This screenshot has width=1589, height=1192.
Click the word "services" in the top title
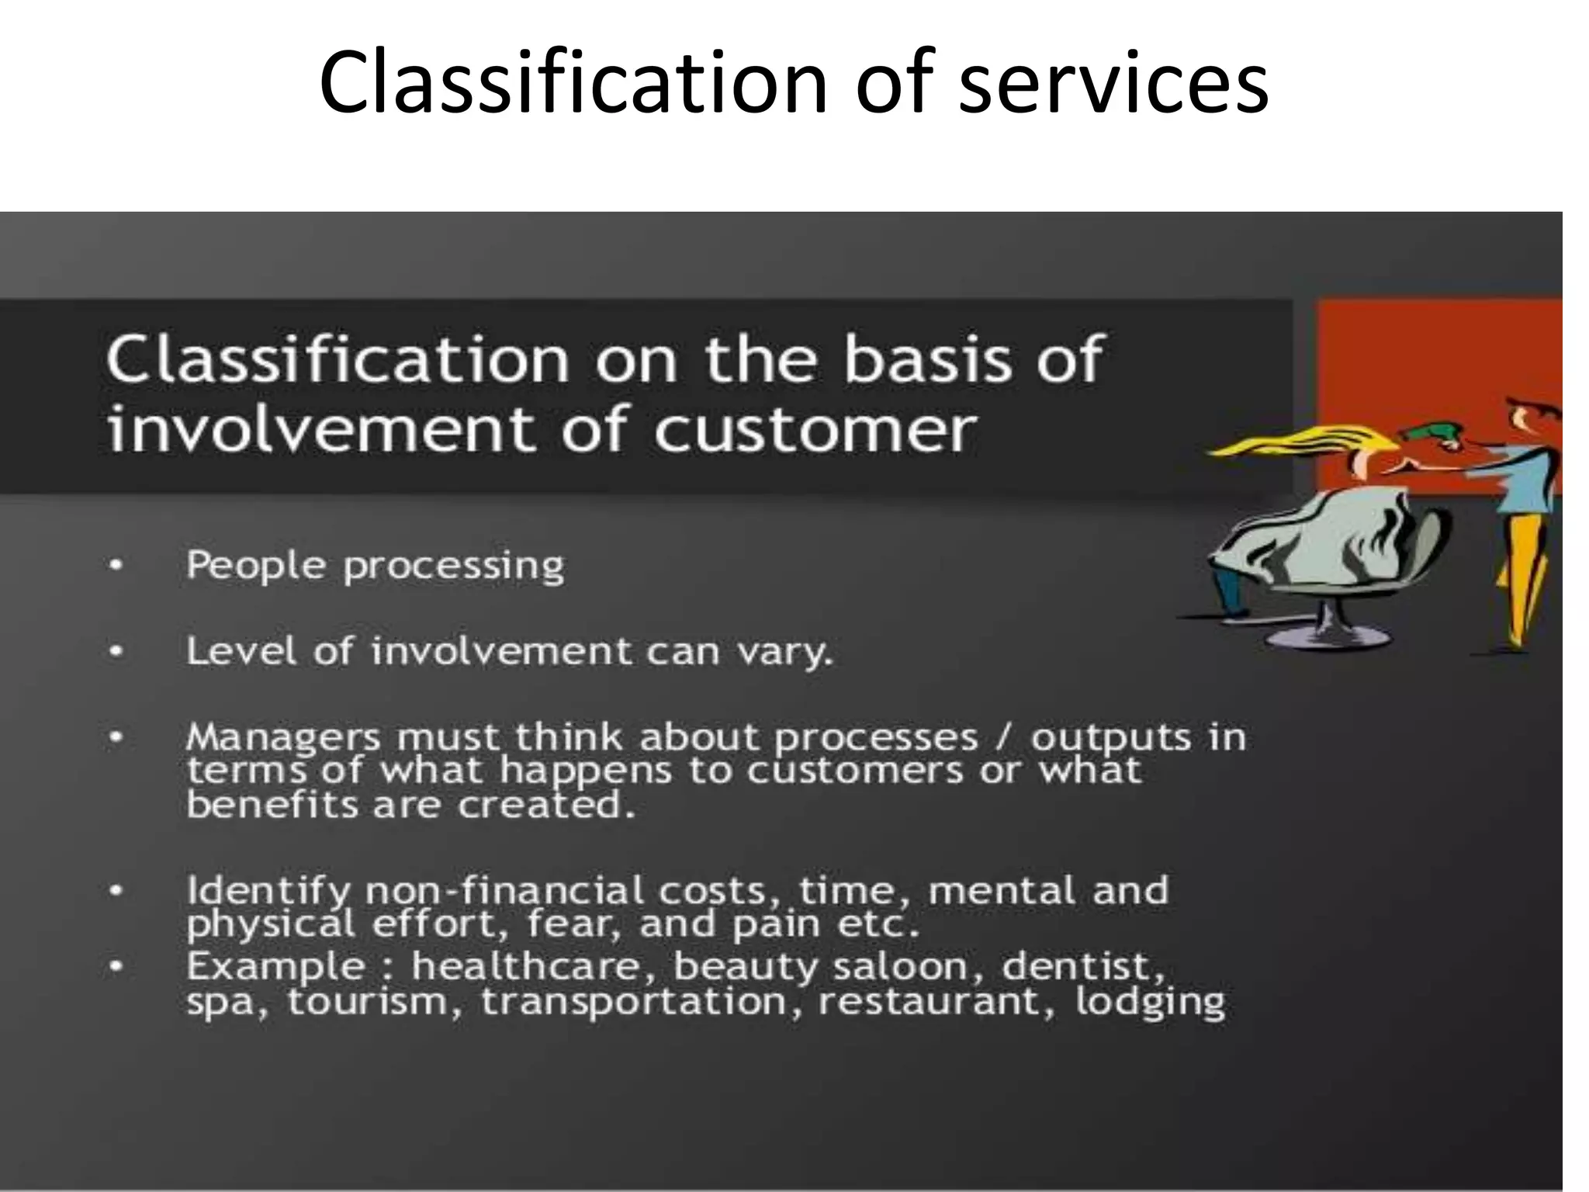(1113, 82)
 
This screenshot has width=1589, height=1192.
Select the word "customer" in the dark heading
(814, 429)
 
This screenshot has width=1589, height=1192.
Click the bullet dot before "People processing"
(116, 565)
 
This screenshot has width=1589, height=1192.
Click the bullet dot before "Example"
(116, 967)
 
